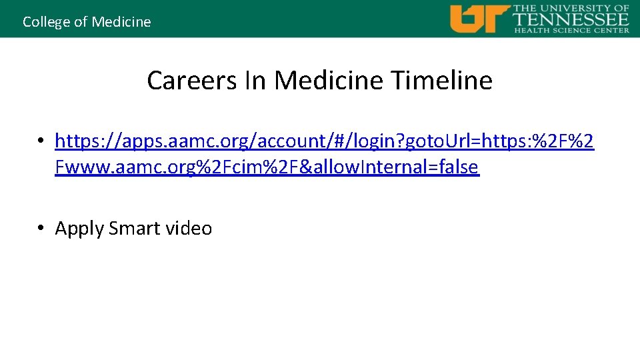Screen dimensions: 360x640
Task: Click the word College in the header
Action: [46, 22]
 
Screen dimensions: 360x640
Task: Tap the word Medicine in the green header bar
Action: [121, 22]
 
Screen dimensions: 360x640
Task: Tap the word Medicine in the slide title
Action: [329, 81]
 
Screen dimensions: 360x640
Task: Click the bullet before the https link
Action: [41, 141]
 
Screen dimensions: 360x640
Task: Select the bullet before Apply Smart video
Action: [41, 228]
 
